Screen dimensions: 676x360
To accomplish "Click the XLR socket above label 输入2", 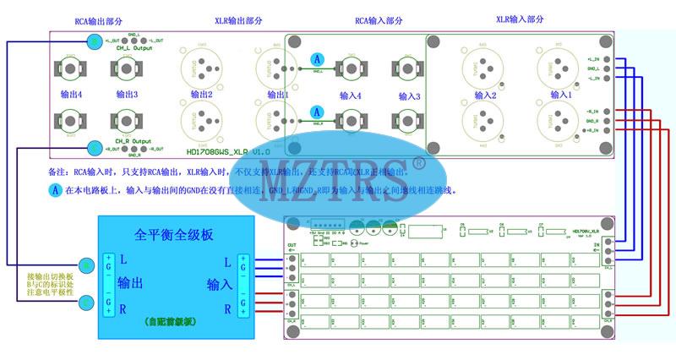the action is pos(483,64).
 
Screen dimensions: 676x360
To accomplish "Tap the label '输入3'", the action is pos(408,96).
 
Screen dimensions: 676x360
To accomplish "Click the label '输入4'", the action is pos(351,96).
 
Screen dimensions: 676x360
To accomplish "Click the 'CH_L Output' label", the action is pos(133,48).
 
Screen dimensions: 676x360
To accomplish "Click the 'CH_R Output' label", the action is pos(133,140).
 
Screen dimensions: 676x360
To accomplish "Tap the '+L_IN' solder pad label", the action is pos(591,57).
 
